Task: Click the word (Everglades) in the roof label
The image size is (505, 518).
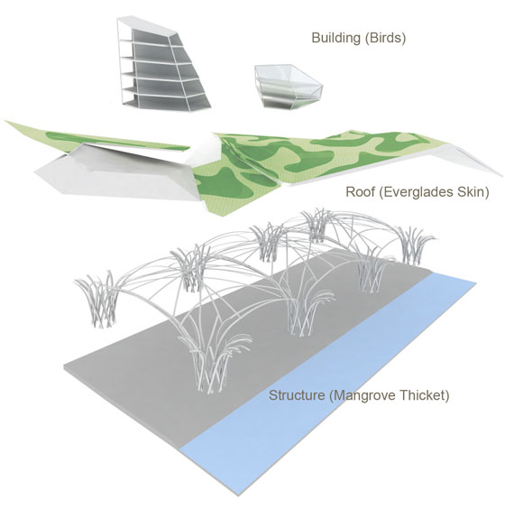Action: pos(416,192)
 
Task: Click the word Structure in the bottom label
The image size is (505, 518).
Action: pos(297,395)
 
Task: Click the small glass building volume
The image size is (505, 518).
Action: pos(289,86)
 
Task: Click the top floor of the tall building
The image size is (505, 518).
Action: pos(155,32)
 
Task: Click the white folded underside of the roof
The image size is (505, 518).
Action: pos(115,175)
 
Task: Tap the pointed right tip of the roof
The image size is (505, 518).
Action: pos(502,175)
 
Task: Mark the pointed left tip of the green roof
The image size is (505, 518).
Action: pos(6,122)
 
